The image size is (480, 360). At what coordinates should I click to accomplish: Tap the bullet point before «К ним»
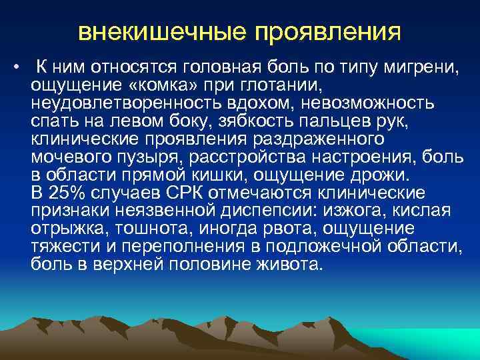[15, 67]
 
